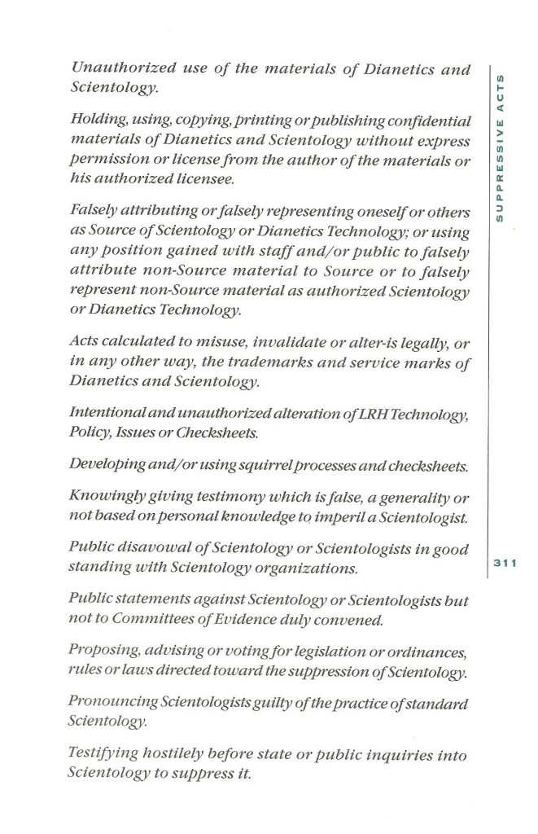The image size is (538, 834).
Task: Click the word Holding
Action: point(98,121)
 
